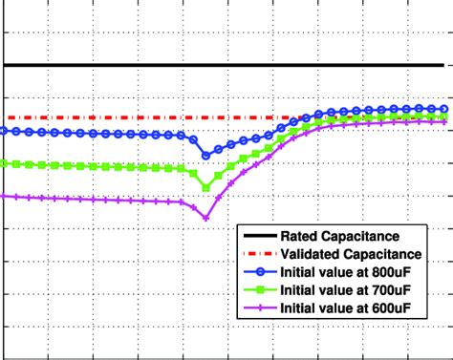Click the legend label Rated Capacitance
(x=339, y=236)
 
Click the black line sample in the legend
(x=258, y=236)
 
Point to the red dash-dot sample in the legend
(x=258, y=254)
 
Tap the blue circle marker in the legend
(x=258, y=272)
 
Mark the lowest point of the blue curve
(x=205, y=155)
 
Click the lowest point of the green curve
(x=205, y=187)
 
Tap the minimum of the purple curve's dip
(x=205, y=219)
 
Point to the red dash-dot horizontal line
(x=143, y=118)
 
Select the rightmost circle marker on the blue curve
(x=443, y=109)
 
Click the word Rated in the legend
(x=299, y=236)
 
